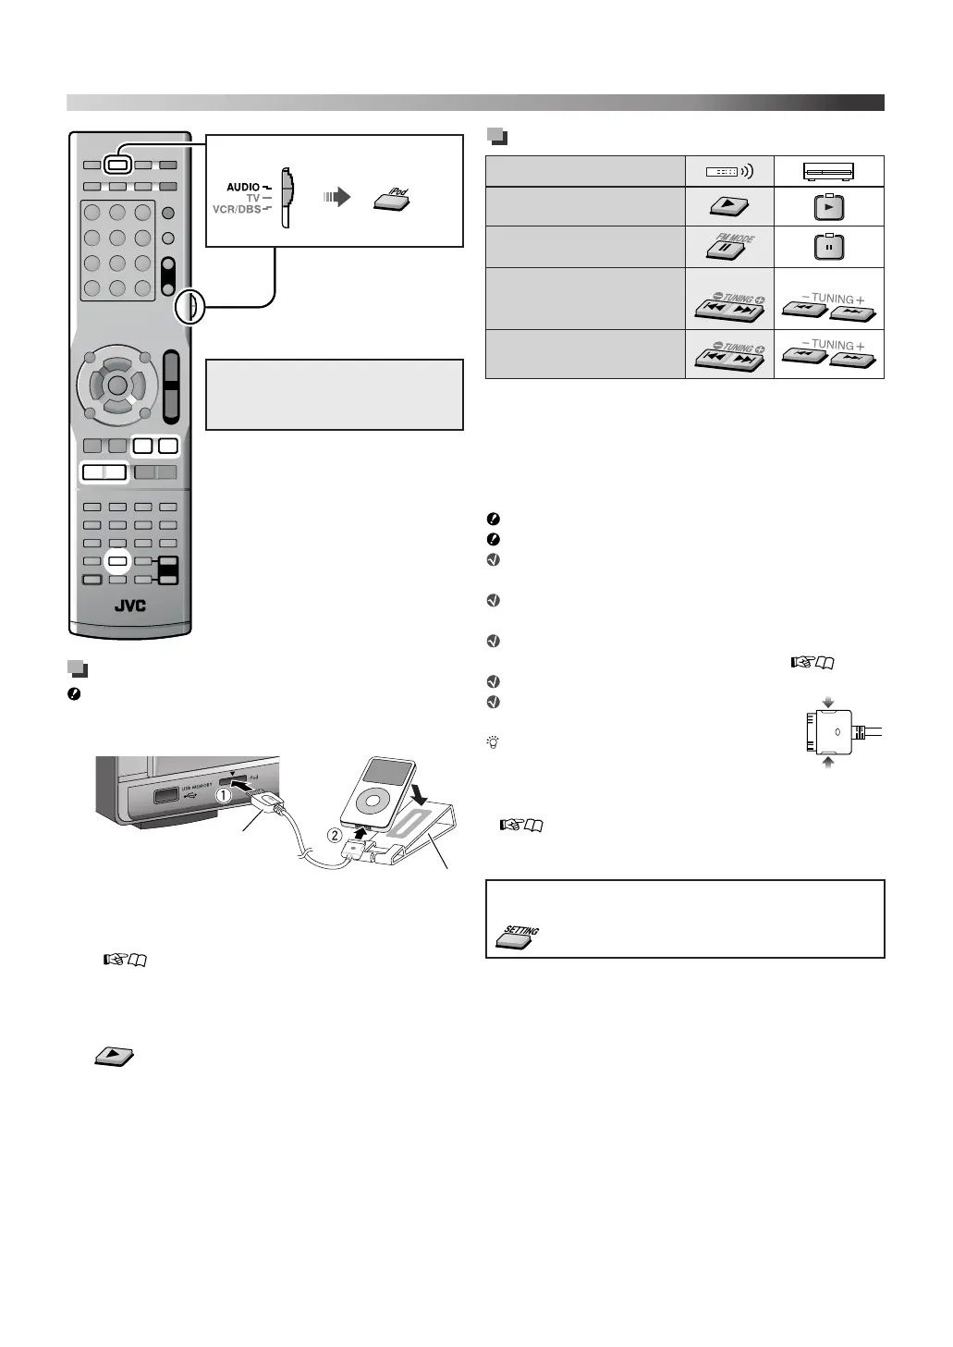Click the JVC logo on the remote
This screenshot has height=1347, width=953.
[130, 607]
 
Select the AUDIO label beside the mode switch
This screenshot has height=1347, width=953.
[243, 188]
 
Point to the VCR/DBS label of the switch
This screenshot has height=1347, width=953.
[237, 210]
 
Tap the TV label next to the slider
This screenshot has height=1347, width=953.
[252, 199]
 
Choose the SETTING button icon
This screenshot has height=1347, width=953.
[519, 937]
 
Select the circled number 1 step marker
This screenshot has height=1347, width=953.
[223, 793]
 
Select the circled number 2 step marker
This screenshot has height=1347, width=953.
[336, 837]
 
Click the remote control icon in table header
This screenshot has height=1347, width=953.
[729, 171]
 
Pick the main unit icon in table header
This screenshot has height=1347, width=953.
[828, 171]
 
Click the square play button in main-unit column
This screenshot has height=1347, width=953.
[828, 207]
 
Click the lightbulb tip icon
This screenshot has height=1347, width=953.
[493, 742]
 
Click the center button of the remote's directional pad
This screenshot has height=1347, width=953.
[116, 383]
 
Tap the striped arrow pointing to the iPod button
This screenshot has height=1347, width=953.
[336, 197]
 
